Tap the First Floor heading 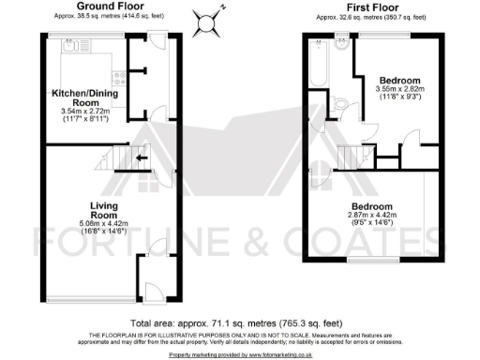coord(371,7)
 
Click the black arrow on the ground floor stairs coord(141,158)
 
